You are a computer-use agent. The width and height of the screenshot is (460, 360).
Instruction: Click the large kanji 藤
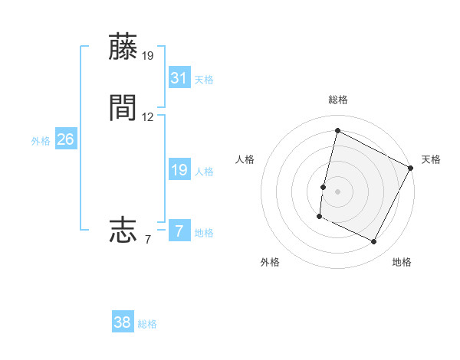click(123, 47)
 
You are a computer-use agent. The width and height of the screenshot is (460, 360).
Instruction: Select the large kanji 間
click(123, 108)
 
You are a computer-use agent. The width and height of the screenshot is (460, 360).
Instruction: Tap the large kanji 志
click(123, 230)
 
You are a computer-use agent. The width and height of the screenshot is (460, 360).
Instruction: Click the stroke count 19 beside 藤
click(148, 56)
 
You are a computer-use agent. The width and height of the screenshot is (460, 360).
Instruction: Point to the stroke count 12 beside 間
click(148, 117)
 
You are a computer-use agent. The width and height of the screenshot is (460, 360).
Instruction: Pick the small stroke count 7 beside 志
click(148, 240)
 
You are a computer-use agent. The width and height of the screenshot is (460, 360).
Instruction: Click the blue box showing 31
click(179, 78)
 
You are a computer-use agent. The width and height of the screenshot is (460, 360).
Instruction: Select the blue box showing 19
click(179, 170)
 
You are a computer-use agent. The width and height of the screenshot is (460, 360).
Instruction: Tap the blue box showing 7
click(179, 231)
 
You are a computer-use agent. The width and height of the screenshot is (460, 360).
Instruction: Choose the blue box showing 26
click(66, 139)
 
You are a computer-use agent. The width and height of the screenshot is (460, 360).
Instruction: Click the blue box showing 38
click(123, 322)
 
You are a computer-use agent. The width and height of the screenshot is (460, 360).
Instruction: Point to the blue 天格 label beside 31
click(204, 80)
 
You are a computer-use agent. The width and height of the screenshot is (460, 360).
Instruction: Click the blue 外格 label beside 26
click(40, 141)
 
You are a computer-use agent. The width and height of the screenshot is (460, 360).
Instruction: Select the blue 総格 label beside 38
click(147, 324)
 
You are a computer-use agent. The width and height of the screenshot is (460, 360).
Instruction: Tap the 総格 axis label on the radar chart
click(337, 100)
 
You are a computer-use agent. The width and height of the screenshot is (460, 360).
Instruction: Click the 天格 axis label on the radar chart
click(431, 159)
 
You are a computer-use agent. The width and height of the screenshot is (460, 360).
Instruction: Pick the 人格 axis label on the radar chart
click(245, 159)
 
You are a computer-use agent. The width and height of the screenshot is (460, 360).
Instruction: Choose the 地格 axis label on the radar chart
click(402, 262)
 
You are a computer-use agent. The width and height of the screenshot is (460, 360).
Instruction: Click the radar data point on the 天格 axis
click(411, 167)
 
